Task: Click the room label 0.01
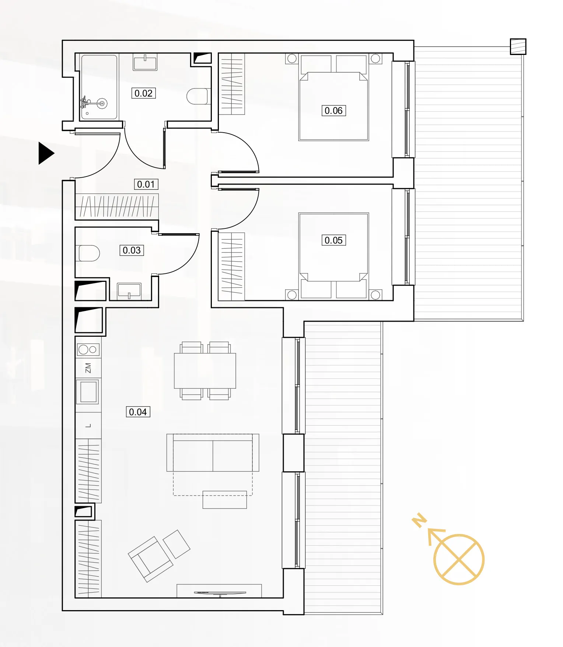pos(146,184)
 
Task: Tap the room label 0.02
pos(143,93)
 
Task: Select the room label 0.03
pos(132,251)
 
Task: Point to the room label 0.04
pos(138,412)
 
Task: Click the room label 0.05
pos(333,240)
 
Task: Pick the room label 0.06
pos(333,111)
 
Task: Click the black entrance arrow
pos(46,153)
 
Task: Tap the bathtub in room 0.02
pos(99,87)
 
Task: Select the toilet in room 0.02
pos(198,96)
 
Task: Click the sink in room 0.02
pos(145,62)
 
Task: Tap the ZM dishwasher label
pos(88,368)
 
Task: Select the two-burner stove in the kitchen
pos(88,349)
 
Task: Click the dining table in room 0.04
pos(205,371)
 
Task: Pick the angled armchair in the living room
pos(150,559)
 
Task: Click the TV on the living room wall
pos(220,593)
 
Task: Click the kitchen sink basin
pos(88,392)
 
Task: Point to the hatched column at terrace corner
pos(518,47)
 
